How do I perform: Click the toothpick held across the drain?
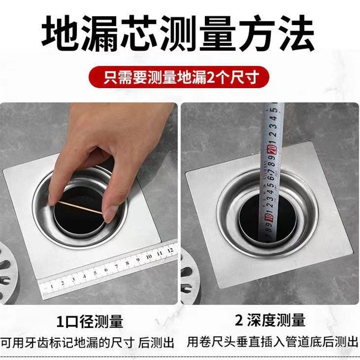click(81, 208)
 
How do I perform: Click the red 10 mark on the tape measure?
click(269, 219)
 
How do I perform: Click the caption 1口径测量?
click(90, 321)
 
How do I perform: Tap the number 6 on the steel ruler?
click(106, 270)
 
